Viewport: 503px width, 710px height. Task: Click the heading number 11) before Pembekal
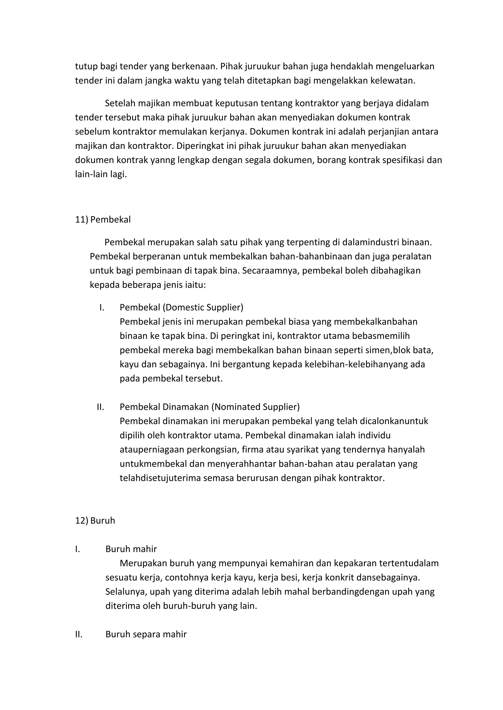(x=82, y=220)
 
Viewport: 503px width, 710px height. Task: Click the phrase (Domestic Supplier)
(x=203, y=307)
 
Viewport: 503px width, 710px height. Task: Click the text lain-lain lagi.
(x=101, y=174)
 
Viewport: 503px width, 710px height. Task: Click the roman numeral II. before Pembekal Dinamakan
(x=100, y=407)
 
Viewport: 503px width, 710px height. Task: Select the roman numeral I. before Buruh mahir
(x=77, y=549)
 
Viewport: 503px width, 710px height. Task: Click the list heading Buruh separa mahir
(x=146, y=634)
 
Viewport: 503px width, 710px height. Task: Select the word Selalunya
(x=126, y=592)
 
